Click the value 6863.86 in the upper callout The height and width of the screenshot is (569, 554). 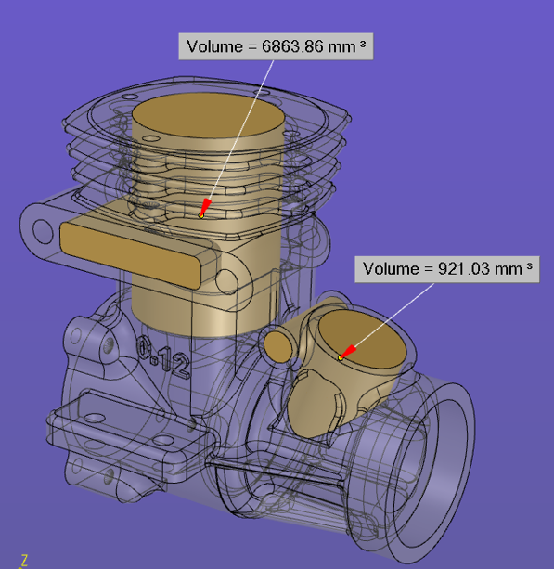[292, 46]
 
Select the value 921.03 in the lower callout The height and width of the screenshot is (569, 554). [464, 269]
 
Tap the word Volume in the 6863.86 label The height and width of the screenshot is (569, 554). [214, 46]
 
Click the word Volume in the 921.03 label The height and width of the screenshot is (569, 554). [391, 269]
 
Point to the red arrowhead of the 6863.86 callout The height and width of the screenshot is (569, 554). [205, 207]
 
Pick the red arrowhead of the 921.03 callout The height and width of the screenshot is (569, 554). [348, 352]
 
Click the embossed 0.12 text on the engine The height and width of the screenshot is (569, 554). [162, 356]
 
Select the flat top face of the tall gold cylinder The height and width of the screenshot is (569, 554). [208, 115]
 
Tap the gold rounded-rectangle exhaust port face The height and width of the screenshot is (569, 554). [130, 255]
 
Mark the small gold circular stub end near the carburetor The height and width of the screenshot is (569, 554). [277, 346]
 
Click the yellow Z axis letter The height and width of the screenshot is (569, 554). [24, 560]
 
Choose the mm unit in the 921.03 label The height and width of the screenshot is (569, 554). [509, 269]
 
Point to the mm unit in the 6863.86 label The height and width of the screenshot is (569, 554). [341, 46]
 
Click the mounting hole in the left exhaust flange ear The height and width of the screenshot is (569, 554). [43, 230]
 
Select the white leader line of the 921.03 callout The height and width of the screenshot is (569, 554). [394, 315]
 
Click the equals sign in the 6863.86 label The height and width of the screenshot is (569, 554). [252, 46]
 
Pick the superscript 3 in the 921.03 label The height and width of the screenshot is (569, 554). [529, 266]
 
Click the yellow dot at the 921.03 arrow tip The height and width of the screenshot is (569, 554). [341, 358]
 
